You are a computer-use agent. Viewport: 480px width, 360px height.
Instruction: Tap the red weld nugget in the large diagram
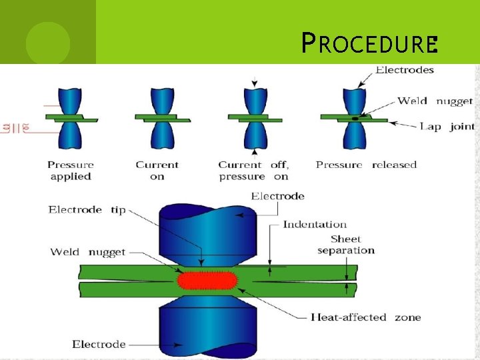pyautogui.click(x=206, y=280)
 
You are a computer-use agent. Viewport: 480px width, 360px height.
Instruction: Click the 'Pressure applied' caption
pyautogui.click(x=71, y=171)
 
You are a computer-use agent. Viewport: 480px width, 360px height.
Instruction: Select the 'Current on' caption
pyautogui.click(x=157, y=171)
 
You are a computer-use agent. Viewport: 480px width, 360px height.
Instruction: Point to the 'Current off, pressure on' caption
pyautogui.click(x=253, y=171)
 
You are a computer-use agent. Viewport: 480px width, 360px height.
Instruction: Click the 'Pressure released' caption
pyautogui.click(x=366, y=165)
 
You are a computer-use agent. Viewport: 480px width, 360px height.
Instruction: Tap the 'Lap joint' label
pyautogui.click(x=447, y=126)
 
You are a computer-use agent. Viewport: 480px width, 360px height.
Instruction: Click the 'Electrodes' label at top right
pyautogui.click(x=405, y=70)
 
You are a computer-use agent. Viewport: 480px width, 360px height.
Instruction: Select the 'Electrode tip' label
pyautogui.click(x=87, y=209)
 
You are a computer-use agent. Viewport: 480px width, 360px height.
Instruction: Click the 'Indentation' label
pyautogui.click(x=315, y=224)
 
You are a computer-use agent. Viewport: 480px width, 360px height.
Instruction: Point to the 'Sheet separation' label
pyautogui.click(x=346, y=245)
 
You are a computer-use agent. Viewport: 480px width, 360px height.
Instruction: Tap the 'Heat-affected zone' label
pyautogui.click(x=366, y=317)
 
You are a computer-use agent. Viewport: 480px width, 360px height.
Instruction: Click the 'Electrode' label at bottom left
pyautogui.click(x=99, y=344)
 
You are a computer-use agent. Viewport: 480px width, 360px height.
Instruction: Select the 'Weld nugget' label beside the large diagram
pyautogui.click(x=88, y=252)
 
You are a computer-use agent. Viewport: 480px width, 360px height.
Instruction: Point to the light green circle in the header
pyautogui.click(x=47, y=43)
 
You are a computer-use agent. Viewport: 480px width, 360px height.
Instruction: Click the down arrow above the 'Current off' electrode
pyautogui.click(x=253, y=82)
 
